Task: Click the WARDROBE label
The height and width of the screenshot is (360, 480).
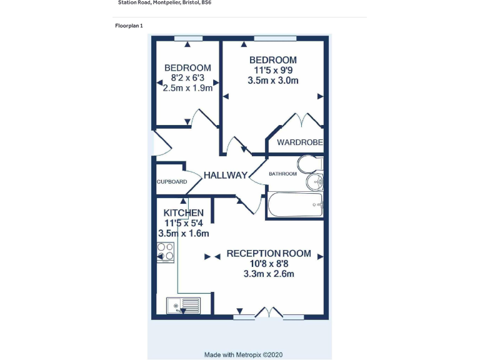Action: tap(300, 142)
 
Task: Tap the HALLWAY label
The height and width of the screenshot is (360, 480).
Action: tap(225, 175)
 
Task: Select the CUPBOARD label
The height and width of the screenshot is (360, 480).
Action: tap(172, 182)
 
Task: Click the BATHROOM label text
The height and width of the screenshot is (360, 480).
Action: tap(282, 174)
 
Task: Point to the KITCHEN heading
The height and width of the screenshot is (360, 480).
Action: tap(183, 213)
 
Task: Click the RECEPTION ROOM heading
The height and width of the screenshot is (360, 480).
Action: tap(269, 253)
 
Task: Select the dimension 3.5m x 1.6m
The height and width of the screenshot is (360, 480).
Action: tap(183, 234)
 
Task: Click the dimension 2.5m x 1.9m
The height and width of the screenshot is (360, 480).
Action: tap(187, 88)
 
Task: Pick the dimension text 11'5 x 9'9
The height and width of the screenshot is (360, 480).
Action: tap(273, 70)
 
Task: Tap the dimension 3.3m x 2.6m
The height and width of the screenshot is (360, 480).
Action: tap(269, 274)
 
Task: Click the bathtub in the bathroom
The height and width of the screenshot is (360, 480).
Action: tap(295, 204)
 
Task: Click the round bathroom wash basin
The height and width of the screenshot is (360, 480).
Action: tap(314, 182)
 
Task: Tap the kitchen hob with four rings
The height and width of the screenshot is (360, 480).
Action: tap(166, 251)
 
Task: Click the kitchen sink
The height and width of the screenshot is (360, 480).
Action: tap(183, 306)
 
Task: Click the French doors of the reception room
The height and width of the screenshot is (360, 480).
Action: tap(269, 313)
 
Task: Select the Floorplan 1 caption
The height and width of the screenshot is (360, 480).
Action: tap(129, 26)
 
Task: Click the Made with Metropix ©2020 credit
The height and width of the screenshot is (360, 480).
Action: tap(244, 354)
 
